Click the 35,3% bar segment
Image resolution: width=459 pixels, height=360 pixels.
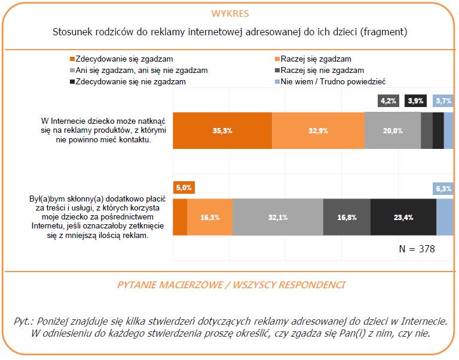222,130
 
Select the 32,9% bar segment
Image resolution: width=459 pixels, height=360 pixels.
317,130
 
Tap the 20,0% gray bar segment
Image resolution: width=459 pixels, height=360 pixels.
392,130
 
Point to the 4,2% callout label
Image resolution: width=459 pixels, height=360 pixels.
388,101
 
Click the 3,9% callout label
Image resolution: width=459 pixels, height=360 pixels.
415,101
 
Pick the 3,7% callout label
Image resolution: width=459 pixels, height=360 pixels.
443,101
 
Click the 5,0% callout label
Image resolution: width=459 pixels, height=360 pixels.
183,188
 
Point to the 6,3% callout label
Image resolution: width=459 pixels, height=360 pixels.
443,189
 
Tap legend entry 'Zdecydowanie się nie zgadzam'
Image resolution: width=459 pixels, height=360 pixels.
124,81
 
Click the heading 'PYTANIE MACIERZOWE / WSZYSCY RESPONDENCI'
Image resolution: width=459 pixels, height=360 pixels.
229,285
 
